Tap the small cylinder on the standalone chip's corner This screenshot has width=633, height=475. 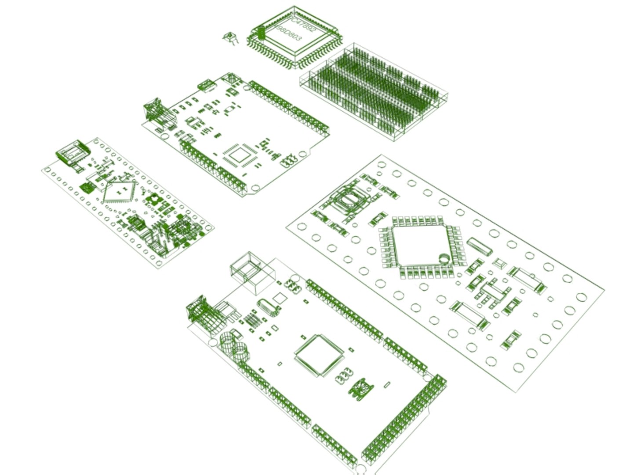coord(261,33)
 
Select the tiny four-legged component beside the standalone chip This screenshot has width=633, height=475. coord(229,38)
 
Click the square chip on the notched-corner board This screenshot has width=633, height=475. coord(238,155)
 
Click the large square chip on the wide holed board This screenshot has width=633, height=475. coord(420,245)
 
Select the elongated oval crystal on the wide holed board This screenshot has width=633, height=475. coord(480,247)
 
